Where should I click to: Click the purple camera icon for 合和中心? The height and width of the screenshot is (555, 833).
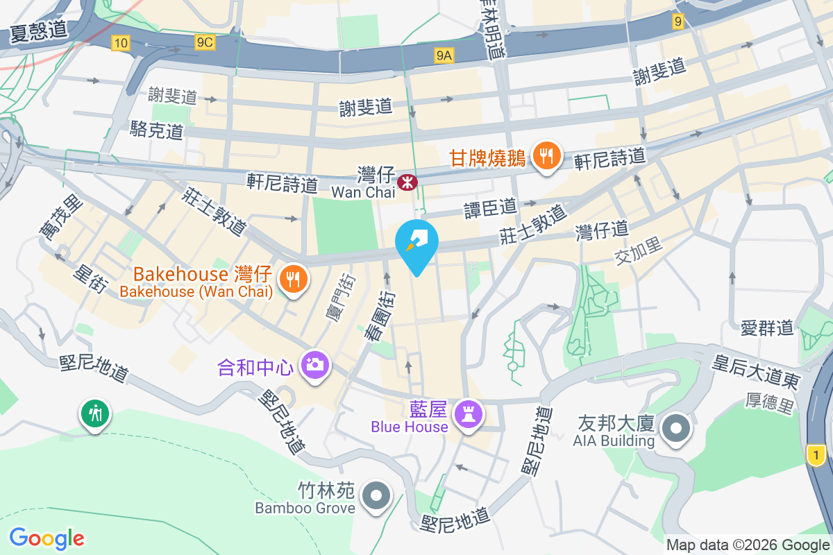point(314,364)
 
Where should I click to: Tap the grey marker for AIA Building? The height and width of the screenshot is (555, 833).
point(675,429)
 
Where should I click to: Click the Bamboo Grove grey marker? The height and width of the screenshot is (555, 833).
point(377,495)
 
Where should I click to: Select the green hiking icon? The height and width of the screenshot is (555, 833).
point(95,413)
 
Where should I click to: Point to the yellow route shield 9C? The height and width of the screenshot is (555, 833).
point(205,43)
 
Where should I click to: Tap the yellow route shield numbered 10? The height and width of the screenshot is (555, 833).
point(121,43)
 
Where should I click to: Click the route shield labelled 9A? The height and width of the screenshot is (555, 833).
point(444,56)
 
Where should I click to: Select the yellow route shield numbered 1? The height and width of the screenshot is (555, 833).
point(816,455)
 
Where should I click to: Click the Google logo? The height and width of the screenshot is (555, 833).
point(47,538)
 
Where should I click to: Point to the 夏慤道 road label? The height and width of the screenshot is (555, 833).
point(39,32)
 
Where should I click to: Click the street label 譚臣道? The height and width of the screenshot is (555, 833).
point(490,206)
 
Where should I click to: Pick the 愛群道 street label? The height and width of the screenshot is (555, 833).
point(766,327)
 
